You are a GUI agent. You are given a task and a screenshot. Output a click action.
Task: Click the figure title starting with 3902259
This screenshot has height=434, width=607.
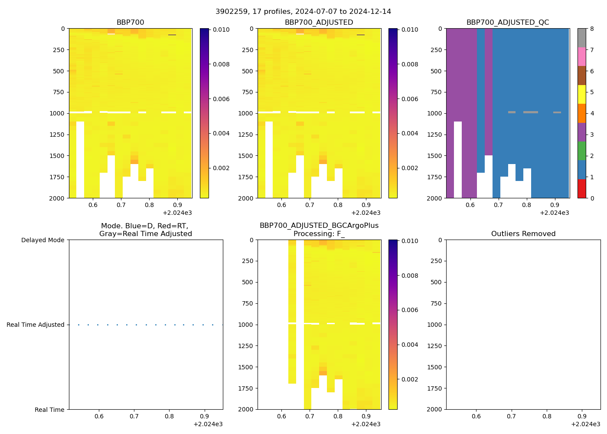(x=303, y=12)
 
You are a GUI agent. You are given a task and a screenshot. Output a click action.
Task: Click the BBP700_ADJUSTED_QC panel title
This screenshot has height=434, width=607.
(x=507, y=23)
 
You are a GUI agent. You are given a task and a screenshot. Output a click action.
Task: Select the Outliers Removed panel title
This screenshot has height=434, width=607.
(x=523, y=234)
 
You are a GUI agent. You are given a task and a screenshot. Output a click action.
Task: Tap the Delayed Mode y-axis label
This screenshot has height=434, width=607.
(x=42, y=240)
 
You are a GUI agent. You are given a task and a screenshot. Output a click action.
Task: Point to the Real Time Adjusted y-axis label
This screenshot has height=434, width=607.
(x=35, y=325)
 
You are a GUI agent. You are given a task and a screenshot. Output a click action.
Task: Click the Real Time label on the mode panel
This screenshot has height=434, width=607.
(x=49, y=410)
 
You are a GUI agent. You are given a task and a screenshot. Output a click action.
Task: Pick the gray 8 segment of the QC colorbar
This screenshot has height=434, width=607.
(x=582, y=38)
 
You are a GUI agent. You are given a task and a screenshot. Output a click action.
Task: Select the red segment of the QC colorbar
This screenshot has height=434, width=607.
(x=582, y=189)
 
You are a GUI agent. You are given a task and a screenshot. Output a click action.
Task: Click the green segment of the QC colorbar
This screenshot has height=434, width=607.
(x=582, y=151)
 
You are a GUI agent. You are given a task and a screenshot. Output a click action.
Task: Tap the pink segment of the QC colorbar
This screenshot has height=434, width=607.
(x=582, y=56)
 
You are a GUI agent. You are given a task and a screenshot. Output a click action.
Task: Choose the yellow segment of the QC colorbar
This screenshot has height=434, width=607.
(x=582, y=94)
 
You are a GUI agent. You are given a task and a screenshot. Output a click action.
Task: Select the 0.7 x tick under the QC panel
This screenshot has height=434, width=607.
(x=498, y=205)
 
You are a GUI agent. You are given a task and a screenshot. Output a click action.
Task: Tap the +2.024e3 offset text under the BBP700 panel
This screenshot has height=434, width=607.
(x=177, y=213)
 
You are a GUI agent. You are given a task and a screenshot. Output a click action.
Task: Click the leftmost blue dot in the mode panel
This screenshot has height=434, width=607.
(x=78, y=325)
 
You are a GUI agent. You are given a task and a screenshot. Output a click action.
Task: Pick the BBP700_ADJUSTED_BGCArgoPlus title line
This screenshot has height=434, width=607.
(x=319, y=226)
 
